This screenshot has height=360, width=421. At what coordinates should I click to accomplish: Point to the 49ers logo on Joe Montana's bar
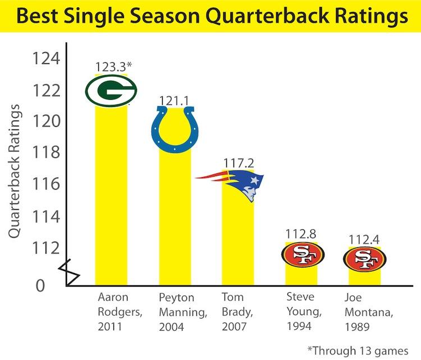point(365,259)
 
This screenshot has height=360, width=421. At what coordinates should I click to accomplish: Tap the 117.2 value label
point(238,163)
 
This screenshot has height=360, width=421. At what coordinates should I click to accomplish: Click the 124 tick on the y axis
point(47,58)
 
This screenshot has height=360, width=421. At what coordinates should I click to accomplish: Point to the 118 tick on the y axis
point(47,153)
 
